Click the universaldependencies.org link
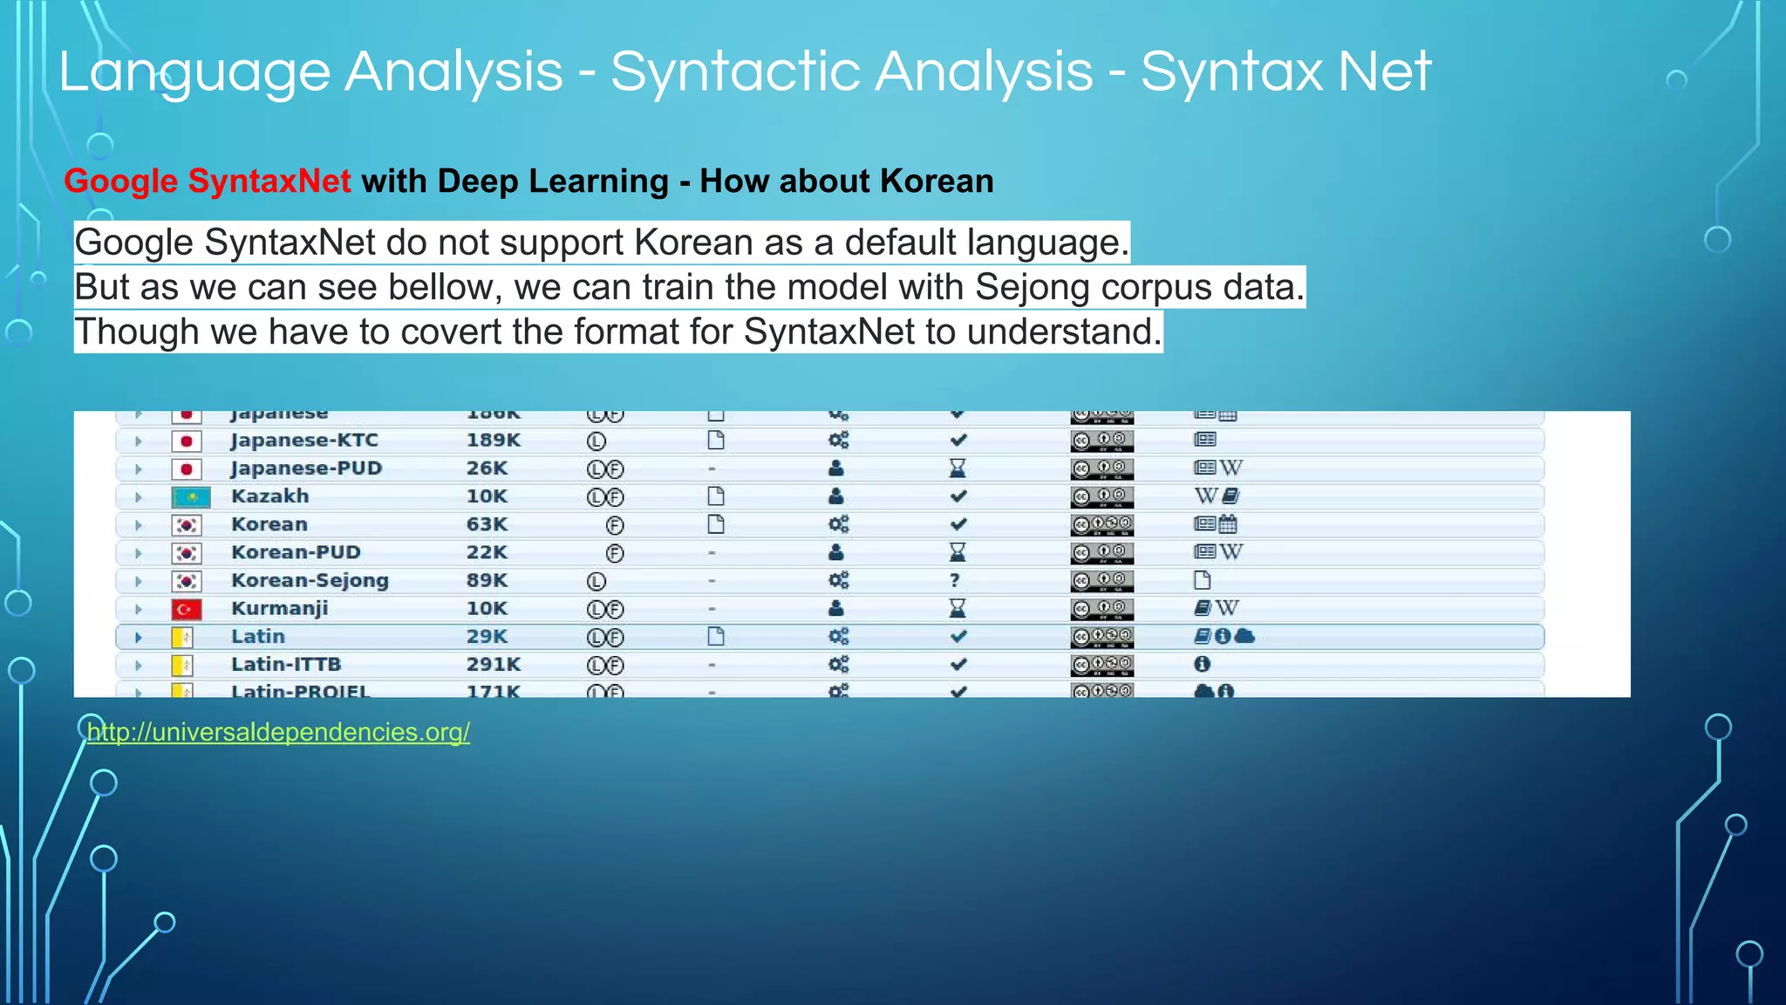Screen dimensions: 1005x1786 (278, 732)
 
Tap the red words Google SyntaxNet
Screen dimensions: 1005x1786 (207, 181)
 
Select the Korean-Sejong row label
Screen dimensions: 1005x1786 (310, 581)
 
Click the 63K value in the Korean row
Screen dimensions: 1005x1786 (487, 524)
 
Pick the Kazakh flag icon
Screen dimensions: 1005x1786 (191, 497)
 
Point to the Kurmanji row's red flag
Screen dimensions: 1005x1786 (187, 609)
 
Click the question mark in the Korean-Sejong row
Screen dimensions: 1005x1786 (956, 581)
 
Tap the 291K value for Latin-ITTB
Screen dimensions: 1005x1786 (494, 665)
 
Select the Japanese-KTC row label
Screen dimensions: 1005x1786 (304, 441)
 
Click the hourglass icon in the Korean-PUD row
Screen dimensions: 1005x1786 (958, 552)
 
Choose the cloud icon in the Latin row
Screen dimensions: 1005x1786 (1245, 636)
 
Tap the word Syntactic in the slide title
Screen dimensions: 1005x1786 (851, 72)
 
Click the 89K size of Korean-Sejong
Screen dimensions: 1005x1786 (487, 581)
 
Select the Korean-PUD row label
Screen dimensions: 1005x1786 (296, 553)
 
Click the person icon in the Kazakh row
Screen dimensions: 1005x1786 (836, 496)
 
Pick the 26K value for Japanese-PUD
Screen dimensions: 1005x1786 (487, 468)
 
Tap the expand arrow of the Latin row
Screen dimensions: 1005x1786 (138, 638)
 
